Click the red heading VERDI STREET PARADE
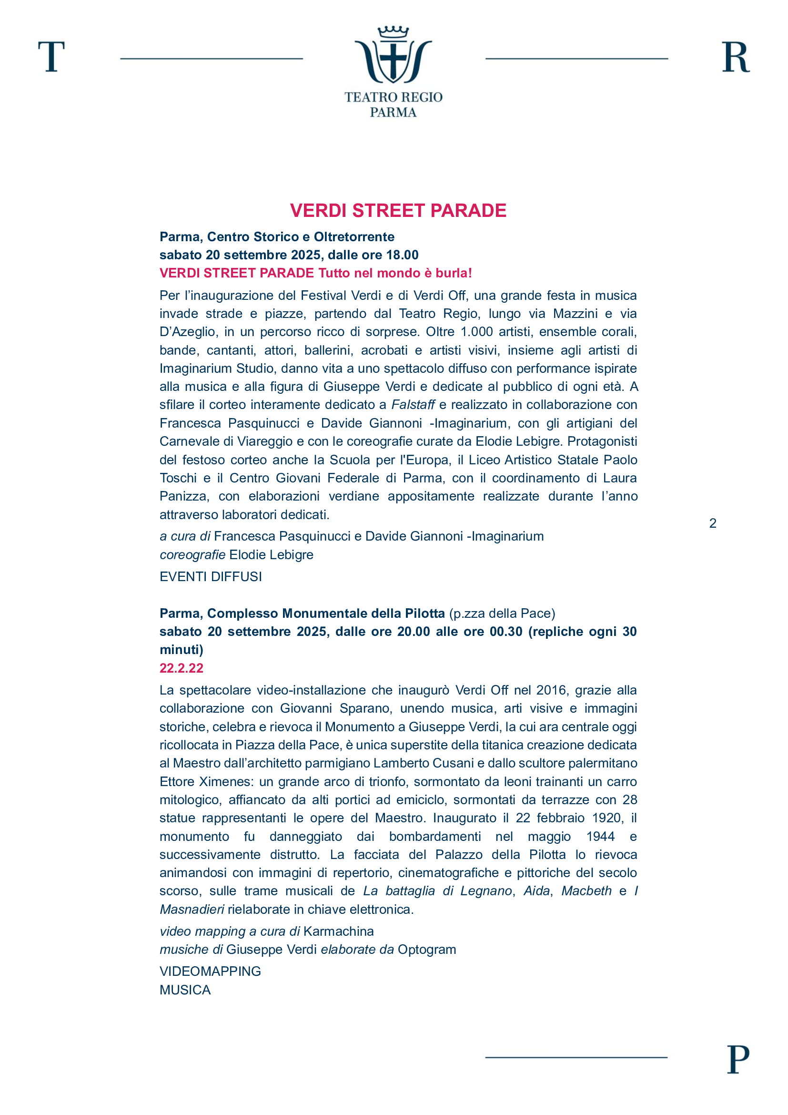click(x=398, y=210)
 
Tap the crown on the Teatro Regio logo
click(x=393, y=32)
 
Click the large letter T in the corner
click(x=51, y=57)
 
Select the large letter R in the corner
click(x=735, y=57)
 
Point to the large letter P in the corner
click(x=737, y=1059)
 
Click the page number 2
click(x=712, y=523)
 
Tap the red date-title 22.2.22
click(x=182, y=668)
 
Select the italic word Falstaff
click(x=413, y=405)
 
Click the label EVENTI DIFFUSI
click(x=211, y=576)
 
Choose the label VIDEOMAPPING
click(x=210, y=971)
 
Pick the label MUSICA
click(x=185, y=990)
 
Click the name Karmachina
click(x=338, y=931)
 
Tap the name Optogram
click(x=426, y=950)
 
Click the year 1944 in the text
click(x=600, y=836)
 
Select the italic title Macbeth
click(x=586, y=890)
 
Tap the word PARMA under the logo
click(x=393, y=112)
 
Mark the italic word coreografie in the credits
click(x=192, y=554)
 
